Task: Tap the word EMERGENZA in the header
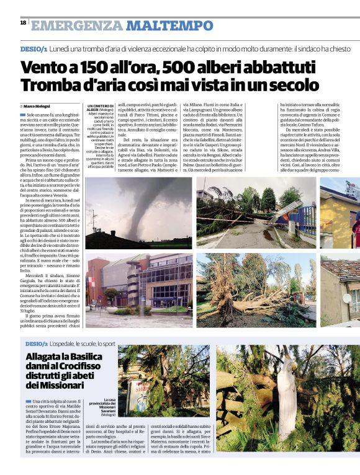(77, 25)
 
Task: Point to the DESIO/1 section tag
(34, 48)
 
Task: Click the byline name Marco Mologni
(37, 107)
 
